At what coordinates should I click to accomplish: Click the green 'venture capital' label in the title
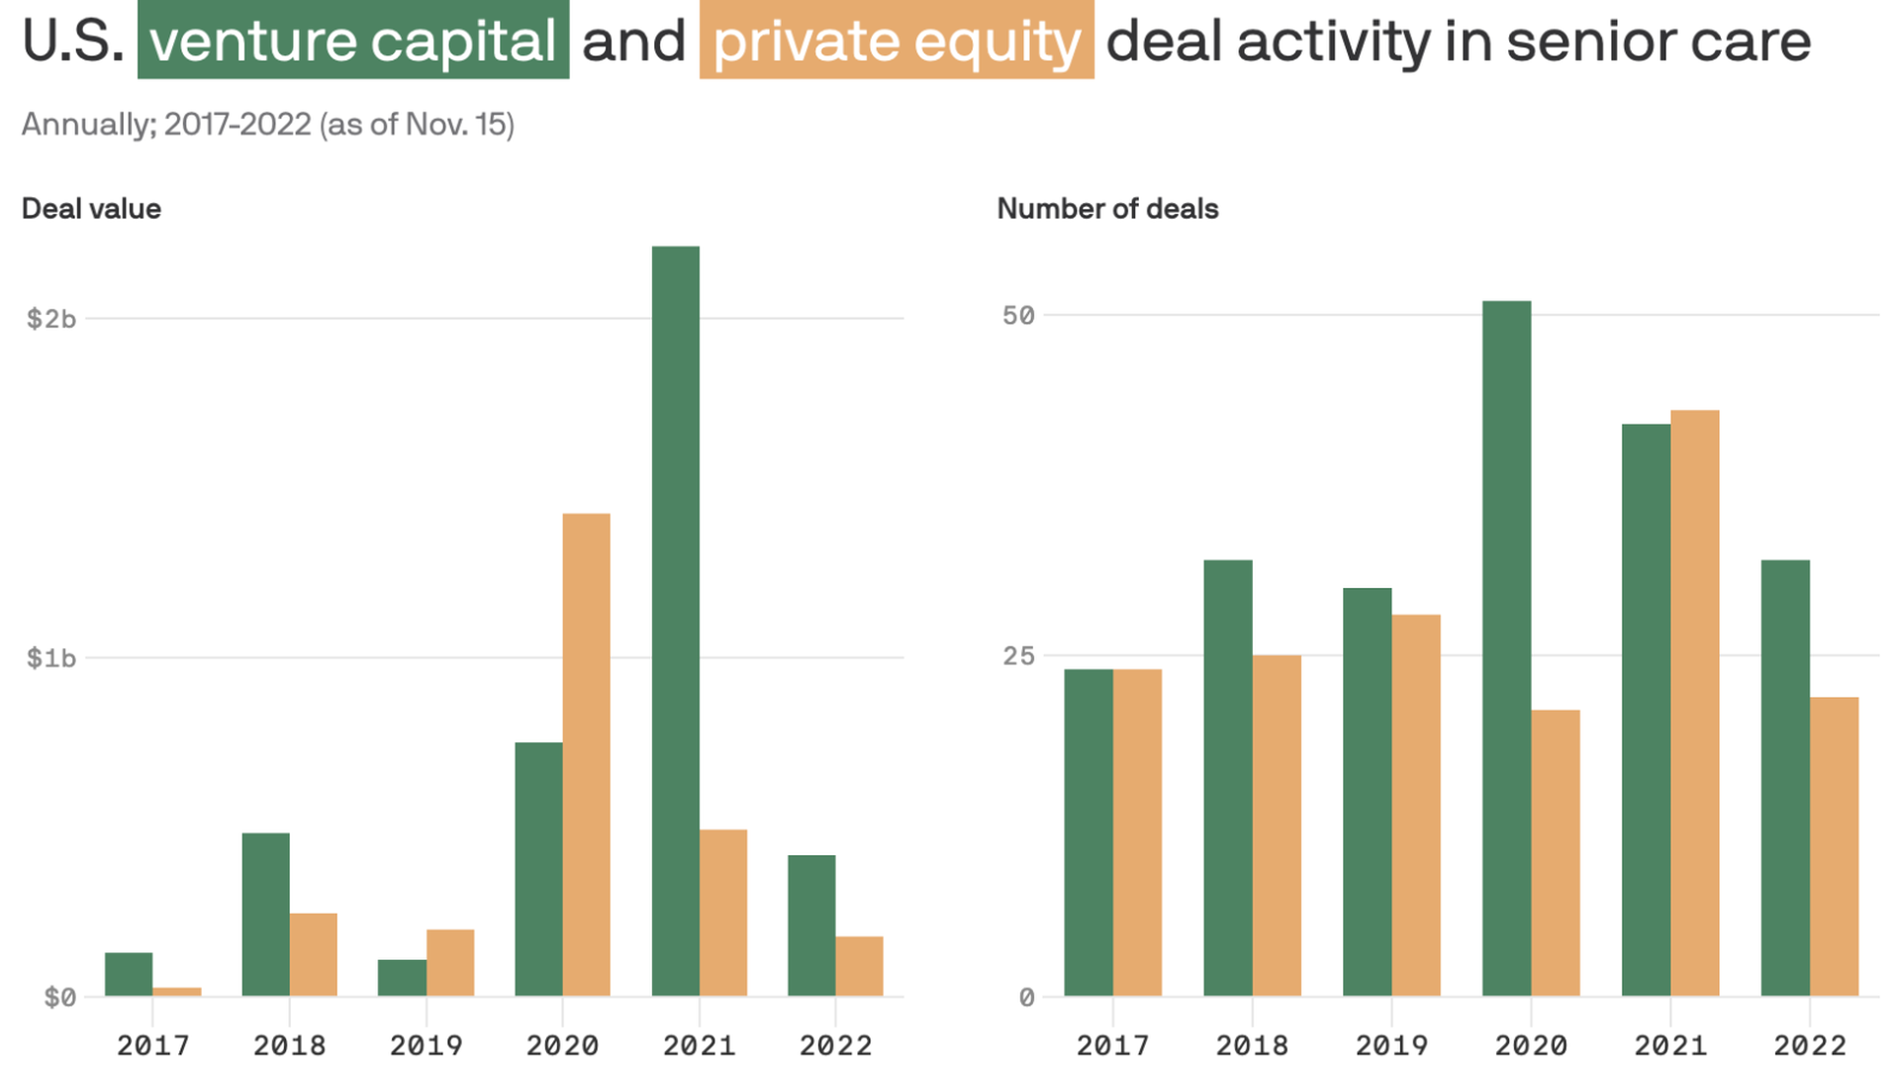(353, 41)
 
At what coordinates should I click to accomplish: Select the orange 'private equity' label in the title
(897, 41)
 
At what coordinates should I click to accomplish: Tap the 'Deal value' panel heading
(91, 209)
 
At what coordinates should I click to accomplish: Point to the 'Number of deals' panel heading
(1107, 209)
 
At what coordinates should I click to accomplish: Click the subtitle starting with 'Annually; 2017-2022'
(268, 125)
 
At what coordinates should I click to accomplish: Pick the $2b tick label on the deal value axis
(51, 319)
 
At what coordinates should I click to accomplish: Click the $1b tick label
(51, 658)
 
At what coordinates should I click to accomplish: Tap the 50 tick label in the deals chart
(1018, 316)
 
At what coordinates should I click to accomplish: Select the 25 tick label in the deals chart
(1018, 655)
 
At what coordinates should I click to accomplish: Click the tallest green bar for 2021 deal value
(676, 622)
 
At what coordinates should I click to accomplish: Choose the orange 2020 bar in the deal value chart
(587, 755)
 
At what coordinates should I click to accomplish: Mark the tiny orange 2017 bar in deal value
(177, 992)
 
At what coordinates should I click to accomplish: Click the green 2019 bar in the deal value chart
(402, 978)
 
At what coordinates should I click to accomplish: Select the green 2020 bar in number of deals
(1507, 648)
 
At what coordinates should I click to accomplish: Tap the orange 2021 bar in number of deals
(1695, 704)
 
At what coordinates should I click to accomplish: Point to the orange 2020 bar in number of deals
(1556, 853)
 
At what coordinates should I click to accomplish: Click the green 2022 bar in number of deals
(1786, 779)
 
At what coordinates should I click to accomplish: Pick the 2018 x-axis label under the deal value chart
(290, 1045)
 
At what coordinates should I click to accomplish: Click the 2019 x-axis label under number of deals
(1391, 1045)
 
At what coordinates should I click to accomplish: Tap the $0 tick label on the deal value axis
(60, 998)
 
